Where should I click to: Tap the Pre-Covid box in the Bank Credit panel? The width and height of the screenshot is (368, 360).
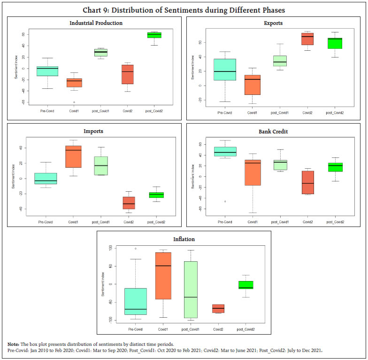(x=225, y=151)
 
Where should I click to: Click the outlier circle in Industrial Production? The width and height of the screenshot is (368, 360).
(x=74, y=102)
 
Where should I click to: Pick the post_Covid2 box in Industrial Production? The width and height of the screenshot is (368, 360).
(x=154, y=35)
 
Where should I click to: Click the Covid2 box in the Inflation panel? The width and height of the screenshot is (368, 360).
(x=218, y=308)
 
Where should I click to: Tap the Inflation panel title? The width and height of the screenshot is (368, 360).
(x=184, y=239)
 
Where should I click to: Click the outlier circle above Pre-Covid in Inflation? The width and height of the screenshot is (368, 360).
(x=136, y=249)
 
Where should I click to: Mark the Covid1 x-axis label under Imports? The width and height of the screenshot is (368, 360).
(x=74, y=222)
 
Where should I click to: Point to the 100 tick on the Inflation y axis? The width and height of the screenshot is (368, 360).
(x=110, y=248)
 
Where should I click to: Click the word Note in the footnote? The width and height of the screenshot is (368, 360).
(x=13, y=344)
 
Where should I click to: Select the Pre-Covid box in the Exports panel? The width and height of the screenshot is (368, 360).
(x=225, y=70)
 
